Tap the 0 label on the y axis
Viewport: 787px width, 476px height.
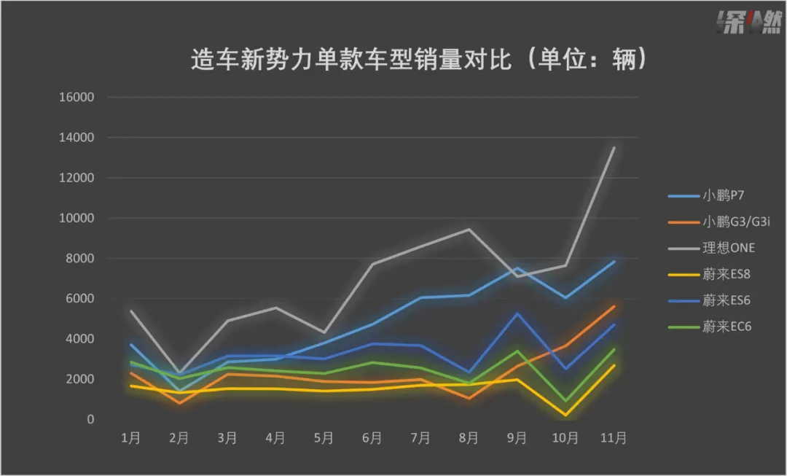click(91, 420)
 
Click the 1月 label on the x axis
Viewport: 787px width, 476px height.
click(131, 438)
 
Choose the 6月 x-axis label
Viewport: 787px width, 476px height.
click(372, 438)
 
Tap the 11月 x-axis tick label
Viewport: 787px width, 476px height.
click(613, 438)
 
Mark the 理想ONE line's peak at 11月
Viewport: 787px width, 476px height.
click(614, 147)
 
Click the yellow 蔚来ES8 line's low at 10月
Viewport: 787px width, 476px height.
click(565, 415)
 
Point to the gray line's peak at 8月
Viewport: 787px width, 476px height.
click(469, 230)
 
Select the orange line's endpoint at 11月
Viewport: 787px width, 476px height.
click(614, 307)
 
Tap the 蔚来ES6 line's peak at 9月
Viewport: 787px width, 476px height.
click(517, 313)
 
